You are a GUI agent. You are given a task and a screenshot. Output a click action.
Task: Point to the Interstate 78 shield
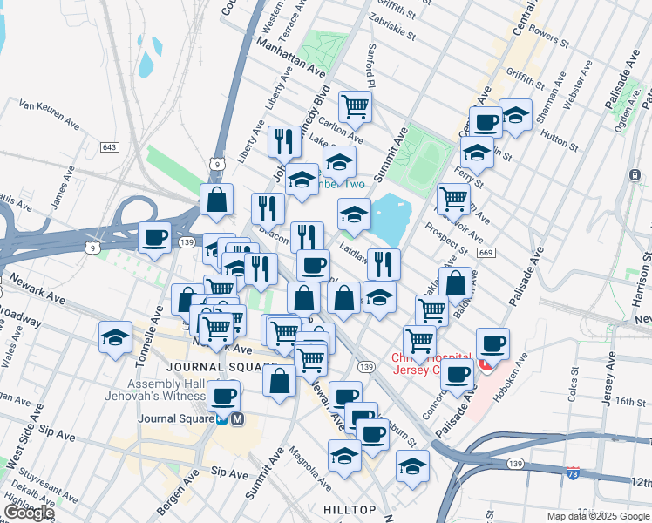[572, 472]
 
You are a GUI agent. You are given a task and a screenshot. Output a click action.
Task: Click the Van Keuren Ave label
[50, 112]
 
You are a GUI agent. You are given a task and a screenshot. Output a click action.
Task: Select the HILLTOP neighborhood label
[349, 509]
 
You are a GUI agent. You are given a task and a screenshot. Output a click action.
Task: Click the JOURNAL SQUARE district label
[214, 366]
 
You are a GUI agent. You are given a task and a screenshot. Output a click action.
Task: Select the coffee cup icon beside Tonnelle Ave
[155, 237]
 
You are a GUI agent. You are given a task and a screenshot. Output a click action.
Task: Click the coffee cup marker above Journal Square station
[223, 395]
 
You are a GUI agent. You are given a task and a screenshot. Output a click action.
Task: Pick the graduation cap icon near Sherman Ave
[515, 115]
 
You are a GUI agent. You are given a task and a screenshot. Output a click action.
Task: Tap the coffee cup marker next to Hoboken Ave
[493, 343]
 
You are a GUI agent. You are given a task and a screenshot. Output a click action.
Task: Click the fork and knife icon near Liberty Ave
[284, 140]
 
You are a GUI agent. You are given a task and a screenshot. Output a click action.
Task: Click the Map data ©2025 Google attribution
[597, 516]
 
